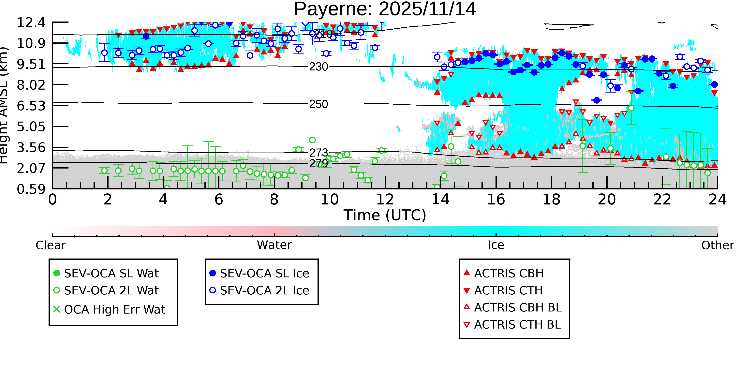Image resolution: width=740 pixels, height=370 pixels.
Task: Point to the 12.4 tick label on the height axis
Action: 31,23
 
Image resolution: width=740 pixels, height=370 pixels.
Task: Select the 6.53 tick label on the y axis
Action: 31,106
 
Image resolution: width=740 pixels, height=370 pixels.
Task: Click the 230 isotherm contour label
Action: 318,67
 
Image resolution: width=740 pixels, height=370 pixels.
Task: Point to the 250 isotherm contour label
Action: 318,104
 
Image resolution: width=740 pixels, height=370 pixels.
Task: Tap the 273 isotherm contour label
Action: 318,153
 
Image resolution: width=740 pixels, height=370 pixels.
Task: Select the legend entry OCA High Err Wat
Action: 114,310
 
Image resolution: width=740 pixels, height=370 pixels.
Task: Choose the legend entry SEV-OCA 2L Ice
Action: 264,291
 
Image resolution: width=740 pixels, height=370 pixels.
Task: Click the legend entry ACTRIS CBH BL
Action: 518,308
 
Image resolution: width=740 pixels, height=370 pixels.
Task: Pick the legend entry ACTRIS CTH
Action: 508,291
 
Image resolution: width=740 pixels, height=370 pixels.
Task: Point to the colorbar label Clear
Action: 51,245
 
